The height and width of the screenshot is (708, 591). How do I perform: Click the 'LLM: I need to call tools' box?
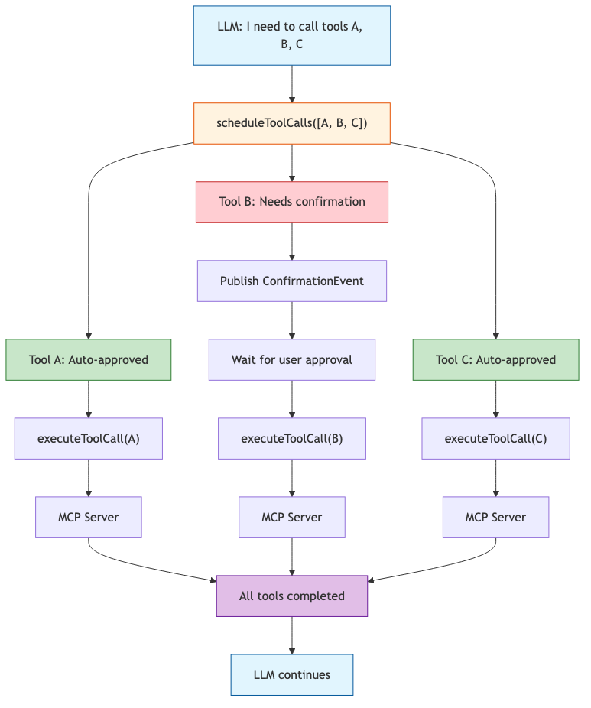tap(292, 36)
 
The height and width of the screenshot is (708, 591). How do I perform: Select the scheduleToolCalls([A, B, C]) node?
tap(292, 123)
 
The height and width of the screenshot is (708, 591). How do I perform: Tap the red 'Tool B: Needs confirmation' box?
tap(292, 202)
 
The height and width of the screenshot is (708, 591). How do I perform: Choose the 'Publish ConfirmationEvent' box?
tap(292, 281)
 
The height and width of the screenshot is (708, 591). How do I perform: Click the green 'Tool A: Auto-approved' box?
tap(89, 359)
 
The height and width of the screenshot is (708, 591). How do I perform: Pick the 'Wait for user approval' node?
tap(292, 359)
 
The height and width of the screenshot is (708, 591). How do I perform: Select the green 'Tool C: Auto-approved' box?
tap(495, 359)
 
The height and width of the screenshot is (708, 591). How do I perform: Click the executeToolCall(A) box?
tap(89, 438)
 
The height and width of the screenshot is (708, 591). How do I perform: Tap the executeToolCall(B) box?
tap(292, 438)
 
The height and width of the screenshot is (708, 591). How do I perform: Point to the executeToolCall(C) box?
tap(495, 438)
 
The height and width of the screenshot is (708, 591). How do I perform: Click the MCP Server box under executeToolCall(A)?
tap(89, 517)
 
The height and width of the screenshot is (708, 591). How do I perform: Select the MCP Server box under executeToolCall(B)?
tap(292, 517)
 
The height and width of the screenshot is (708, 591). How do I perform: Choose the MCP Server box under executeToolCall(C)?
tap(495, 517)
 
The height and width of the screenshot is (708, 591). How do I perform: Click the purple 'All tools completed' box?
tap(292, 596)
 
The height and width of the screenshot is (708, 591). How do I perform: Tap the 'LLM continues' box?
tap(292, 674)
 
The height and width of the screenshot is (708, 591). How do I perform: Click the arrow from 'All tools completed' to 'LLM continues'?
tap(292, 635)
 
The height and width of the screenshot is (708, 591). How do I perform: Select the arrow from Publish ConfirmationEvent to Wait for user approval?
tap(292, 320)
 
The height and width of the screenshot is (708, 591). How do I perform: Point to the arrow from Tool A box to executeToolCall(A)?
tap(89, 398)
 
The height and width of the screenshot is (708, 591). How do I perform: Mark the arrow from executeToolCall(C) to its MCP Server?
tap(495, 477)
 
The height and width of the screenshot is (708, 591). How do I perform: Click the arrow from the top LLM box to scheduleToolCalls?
tap(292, 83)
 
